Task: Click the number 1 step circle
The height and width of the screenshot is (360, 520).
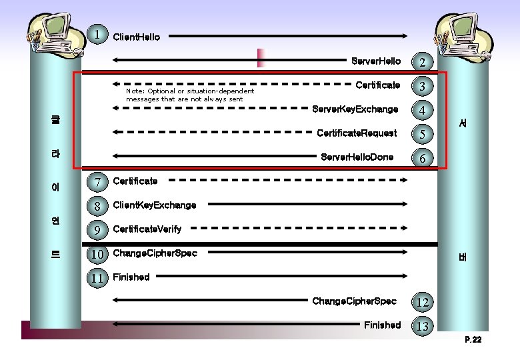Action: point(98,34)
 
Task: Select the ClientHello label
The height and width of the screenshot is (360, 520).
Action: point(137,37)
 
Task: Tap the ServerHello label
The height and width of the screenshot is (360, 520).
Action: point(376,61)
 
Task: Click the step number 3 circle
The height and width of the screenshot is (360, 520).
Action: point(422,87)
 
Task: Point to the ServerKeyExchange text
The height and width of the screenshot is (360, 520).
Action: point(355,109)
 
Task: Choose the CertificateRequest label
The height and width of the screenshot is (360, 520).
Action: point(357,133)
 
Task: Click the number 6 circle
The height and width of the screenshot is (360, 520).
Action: point(422,159)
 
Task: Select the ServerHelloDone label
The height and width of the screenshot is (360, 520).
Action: point(357,157)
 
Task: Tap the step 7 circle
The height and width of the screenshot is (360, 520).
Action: point(98,182)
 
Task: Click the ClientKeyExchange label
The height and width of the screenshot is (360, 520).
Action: point(155,205)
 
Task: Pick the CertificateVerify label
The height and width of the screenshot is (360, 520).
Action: point(147,229)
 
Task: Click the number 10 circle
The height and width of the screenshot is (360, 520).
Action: point(98,254)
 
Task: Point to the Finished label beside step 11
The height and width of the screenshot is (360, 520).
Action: point(131,277)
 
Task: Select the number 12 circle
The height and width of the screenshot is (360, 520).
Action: point(422,303)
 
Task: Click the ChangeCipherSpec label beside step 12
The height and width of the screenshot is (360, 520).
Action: point(354,301)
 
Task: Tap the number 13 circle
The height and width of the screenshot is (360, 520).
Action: point(422,327)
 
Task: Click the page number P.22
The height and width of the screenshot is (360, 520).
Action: point(473,340)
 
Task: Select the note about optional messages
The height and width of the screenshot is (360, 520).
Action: point(190,95)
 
